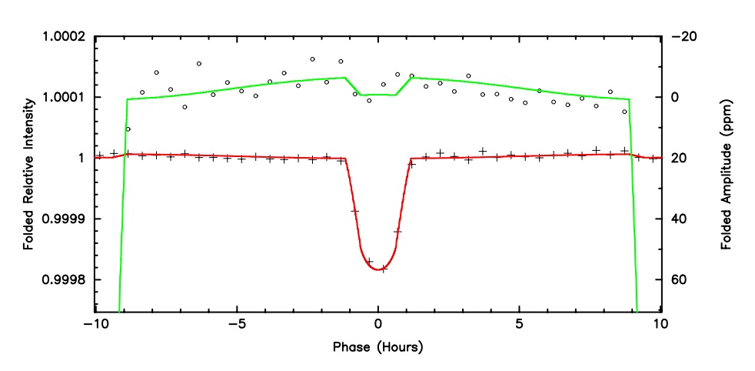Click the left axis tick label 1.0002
(62, 36)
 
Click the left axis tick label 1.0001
(62, 97)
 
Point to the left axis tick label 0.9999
(62, 219)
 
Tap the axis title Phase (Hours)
(377, 347)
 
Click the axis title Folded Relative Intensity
(29, 174)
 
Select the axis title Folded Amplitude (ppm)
(725, 174)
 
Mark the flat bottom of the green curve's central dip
(377, 95)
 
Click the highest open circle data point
(313, 58)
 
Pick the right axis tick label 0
(677, 97)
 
